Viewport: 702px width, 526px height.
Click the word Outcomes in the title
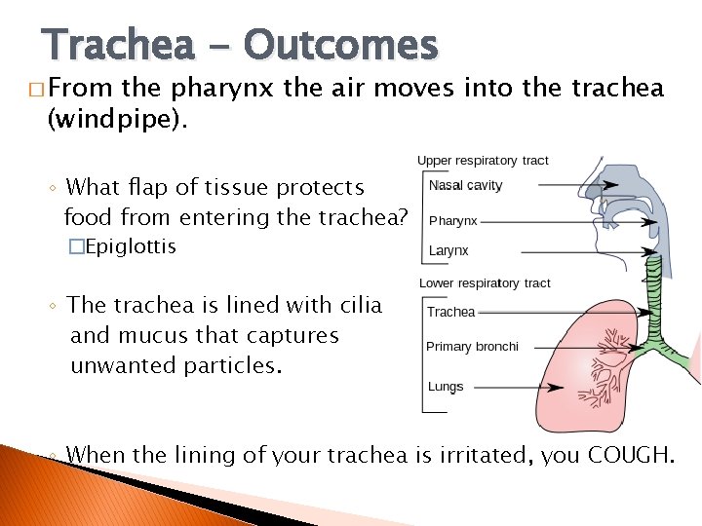(x=340, y=44)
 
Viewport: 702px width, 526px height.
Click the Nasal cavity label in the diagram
(x=465, y=185)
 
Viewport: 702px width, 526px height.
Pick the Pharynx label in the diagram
(x=453, y=221)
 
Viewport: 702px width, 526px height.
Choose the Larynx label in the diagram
(x=448, y=250)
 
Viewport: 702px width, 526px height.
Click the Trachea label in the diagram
(x=450, y=312)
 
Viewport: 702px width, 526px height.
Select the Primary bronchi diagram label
(x=472, y=347)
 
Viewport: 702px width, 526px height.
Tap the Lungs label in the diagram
(x=446, y=387)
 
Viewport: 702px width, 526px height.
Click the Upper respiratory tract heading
(x=483, y=161)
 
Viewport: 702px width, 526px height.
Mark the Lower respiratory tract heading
(x=485, y=283)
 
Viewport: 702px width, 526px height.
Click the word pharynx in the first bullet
(x=223, y=89)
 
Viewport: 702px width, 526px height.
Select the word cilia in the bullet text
(x=355, y=305)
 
